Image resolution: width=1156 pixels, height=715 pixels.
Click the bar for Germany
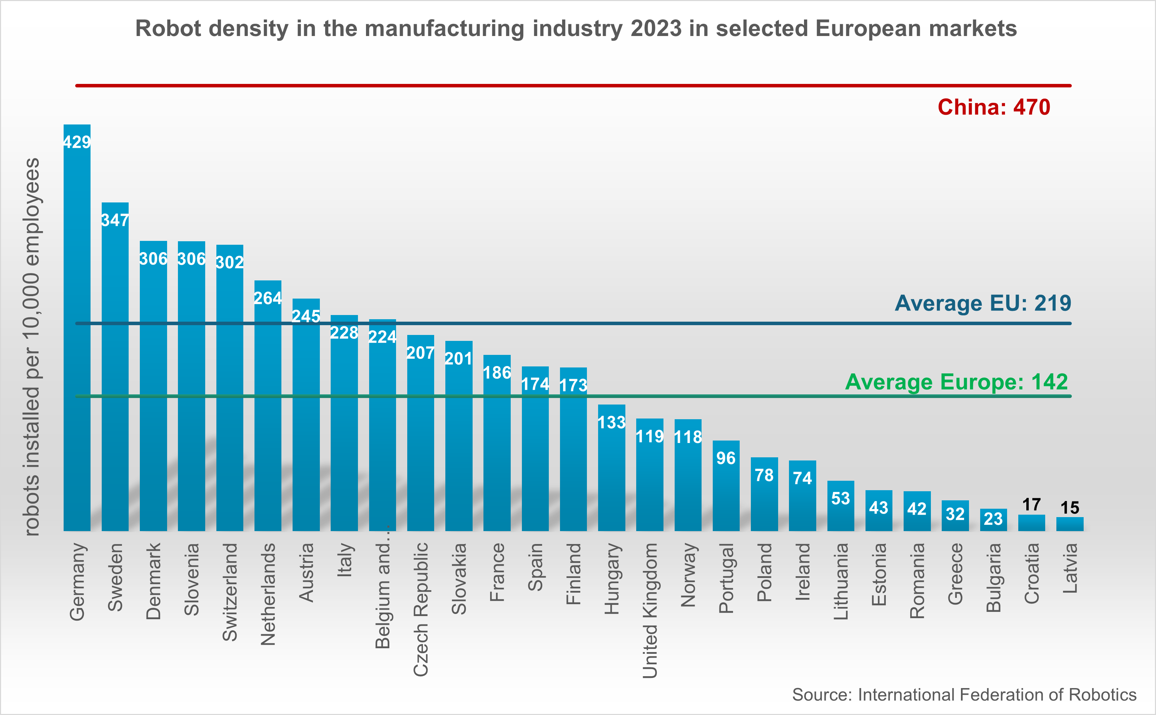tap(77, 331)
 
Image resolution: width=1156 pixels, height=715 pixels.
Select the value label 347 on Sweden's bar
tap(115, 220)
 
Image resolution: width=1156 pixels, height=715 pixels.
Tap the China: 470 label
tap(993, 107)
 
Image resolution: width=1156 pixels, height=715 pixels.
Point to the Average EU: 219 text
tap(983, 303)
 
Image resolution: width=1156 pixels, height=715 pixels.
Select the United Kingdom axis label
tap(650, 610)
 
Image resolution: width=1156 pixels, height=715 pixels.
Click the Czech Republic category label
tap(420, 609)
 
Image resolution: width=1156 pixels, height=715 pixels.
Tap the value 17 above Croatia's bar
tap(1031, 505)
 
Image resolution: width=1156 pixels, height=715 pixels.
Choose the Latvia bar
tap(1069, 524)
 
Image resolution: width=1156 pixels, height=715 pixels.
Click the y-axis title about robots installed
tap(32, 346)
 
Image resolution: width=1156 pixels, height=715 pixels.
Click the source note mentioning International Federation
tap(964, 695)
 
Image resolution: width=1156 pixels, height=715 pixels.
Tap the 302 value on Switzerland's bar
tap(229, 262)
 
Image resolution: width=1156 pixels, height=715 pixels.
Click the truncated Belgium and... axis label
tap(382, 596)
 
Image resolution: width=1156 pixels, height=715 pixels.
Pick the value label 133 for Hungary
tap(611, 422)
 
